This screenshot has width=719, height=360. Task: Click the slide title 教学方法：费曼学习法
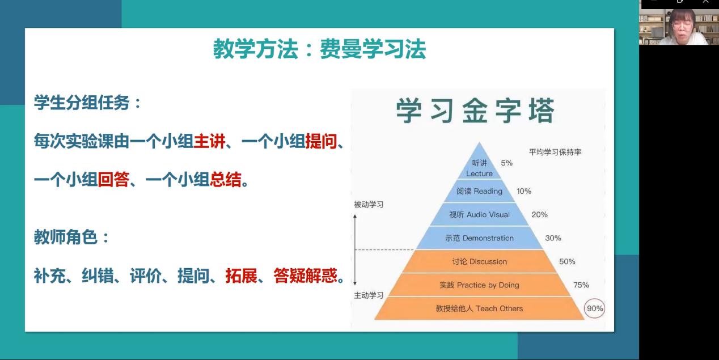coord(319,49)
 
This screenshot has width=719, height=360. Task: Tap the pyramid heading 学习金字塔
coord(475,111)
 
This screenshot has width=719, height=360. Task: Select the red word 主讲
coord(209,141)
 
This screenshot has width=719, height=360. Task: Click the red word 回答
coord(113,179)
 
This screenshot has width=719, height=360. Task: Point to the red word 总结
coord(225,179)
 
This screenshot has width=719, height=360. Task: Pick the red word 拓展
coord(242,276)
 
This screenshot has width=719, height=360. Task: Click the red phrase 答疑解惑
coord(306,276)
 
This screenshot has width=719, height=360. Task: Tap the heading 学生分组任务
coord(82,103)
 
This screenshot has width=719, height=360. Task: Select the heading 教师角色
coord(65,238)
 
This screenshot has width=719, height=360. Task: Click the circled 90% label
coord(594,308)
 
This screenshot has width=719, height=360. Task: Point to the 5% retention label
coord(506,163)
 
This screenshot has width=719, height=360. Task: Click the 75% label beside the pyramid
coord(581,285)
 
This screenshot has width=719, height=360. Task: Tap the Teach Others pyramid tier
coord(479,308)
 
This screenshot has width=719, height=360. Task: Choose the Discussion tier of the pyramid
coord(479,261)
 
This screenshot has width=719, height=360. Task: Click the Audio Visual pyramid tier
coord(479,214)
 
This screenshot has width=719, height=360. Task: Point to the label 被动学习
coord(369,205)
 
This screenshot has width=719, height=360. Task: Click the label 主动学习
coord(369,295)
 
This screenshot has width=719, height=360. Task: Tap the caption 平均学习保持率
coord(555,152)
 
